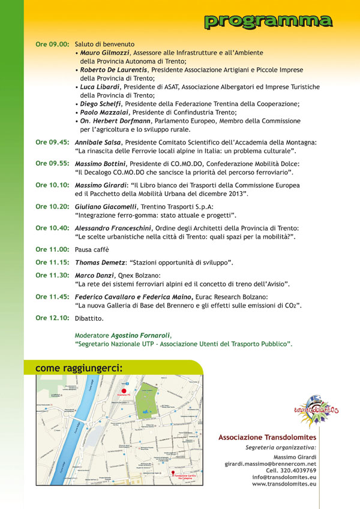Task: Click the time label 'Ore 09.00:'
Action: coord(52,44)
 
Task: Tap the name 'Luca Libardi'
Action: coord(99,87)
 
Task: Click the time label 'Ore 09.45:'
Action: coord(52,143)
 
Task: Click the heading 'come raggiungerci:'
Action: coord(79,367)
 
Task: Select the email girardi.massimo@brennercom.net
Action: coord(271,464)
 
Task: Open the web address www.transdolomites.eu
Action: coord(284,483)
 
